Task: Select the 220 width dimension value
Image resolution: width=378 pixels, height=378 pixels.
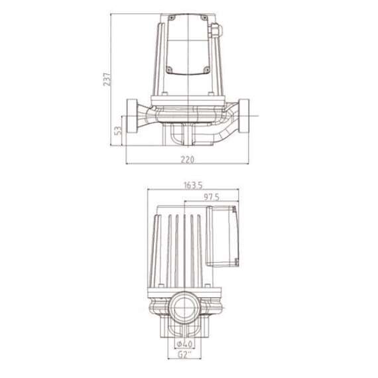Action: click(x=188, y=160)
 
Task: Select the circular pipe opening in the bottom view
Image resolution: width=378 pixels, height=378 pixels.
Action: click(x=182, y=308)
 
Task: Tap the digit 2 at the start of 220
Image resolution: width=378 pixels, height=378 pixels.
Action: click(x=182, y=160)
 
